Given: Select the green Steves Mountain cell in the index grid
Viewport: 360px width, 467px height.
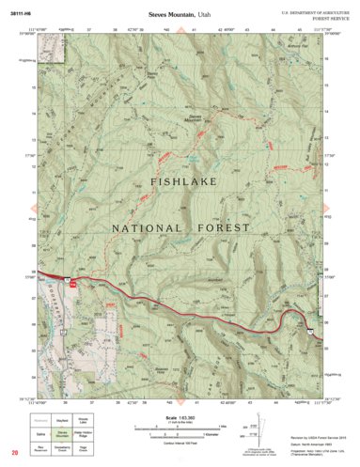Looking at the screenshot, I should (x=64, y=433).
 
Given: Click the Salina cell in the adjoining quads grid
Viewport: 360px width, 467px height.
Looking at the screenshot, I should (x=42, y=433).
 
